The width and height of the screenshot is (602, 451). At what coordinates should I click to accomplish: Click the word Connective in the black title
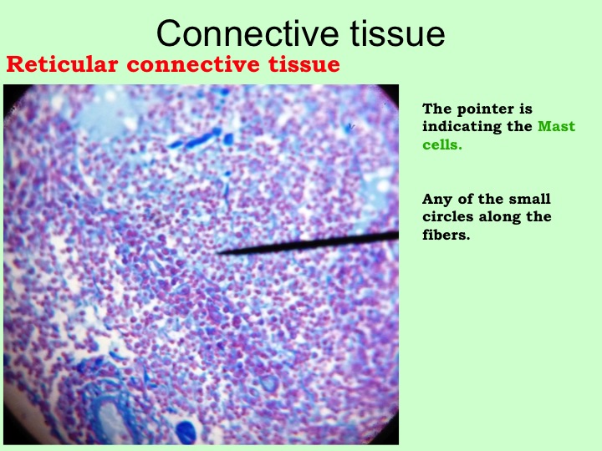(247, 33)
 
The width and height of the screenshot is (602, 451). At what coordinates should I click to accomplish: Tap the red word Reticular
(62, 64)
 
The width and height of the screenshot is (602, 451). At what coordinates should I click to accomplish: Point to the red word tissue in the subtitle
(304, 64)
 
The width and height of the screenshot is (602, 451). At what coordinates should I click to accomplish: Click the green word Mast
(556, 126)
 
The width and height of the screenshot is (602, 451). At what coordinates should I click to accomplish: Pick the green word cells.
(442, 144)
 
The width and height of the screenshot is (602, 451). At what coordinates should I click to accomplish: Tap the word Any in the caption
(436, 200)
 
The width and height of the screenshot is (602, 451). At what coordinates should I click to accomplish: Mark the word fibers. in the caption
(446, 235)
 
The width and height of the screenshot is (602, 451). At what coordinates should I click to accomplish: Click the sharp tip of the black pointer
(217, 253)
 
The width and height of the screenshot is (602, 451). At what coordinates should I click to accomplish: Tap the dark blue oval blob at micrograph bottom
(186, 432)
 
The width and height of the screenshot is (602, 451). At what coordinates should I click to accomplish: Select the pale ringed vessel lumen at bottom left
(111, 421)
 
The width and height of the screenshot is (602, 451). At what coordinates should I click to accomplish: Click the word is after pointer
(526, 109)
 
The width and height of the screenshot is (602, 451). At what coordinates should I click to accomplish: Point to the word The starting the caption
(437, 109)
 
